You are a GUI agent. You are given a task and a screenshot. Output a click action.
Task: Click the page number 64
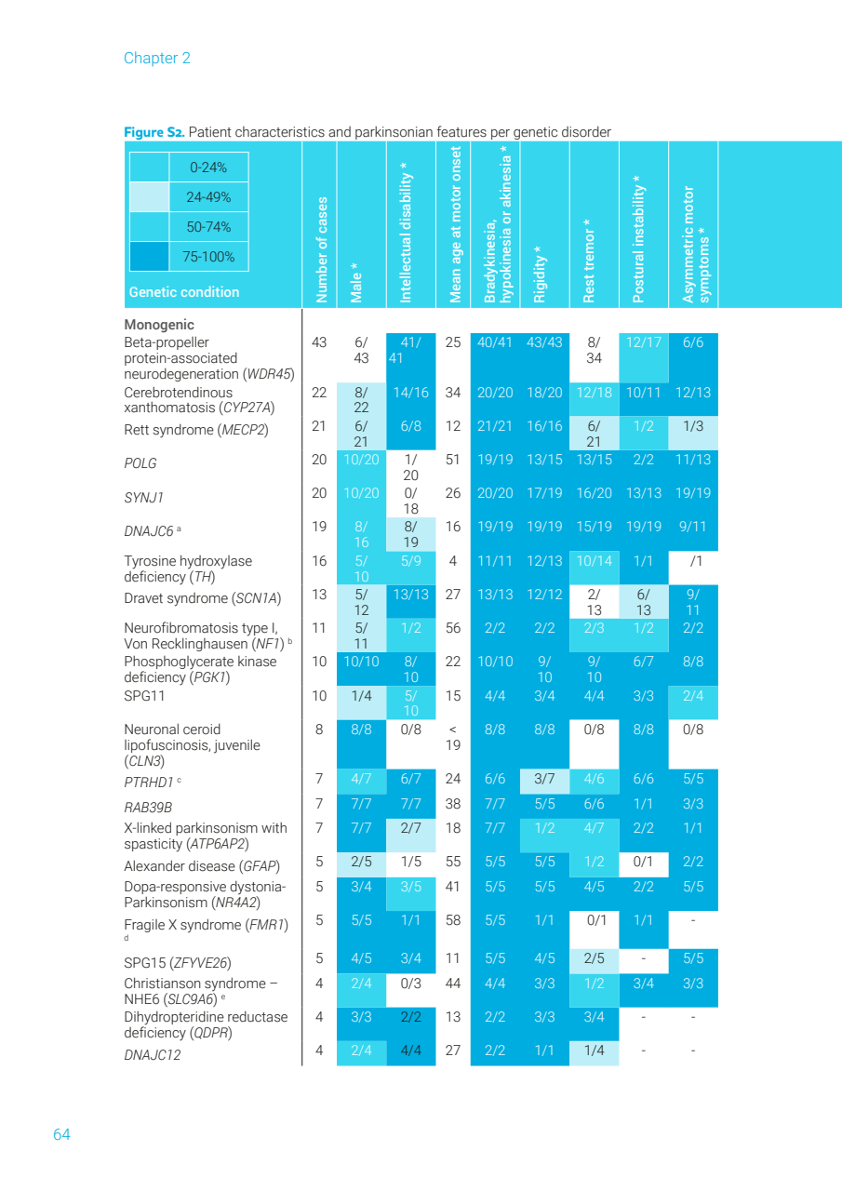tap(61, 1134)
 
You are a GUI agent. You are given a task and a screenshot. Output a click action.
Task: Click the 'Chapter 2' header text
tap(156, 58)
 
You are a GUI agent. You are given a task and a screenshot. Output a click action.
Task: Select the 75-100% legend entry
tap(208, 257)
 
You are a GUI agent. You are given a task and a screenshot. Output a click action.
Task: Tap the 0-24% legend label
tap(208, 167)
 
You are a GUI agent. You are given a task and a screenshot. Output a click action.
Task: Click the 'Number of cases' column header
tap(322, 248)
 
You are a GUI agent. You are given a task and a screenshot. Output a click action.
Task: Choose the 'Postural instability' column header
tap(638, 238)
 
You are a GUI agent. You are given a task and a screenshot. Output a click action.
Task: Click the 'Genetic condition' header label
tap(184, 292)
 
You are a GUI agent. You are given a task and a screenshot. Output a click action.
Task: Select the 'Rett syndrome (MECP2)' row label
tap(195, 430)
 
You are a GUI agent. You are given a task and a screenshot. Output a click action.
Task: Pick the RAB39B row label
tap(148, 808)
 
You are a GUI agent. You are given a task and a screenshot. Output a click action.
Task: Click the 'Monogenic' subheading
tap(159, 325)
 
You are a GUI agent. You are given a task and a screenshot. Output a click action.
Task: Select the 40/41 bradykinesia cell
tap(495, 342)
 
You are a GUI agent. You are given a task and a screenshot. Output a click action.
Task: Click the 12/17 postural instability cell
tap(643, 342)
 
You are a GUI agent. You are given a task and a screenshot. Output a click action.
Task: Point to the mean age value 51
tap(453, 459)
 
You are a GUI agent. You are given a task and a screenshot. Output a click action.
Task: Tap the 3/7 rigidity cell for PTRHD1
tap(544, 779)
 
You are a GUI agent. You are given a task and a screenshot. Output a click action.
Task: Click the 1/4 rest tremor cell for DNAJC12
tap(594, 1050)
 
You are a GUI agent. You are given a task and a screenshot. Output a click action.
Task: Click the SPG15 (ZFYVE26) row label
tap(177, 962)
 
